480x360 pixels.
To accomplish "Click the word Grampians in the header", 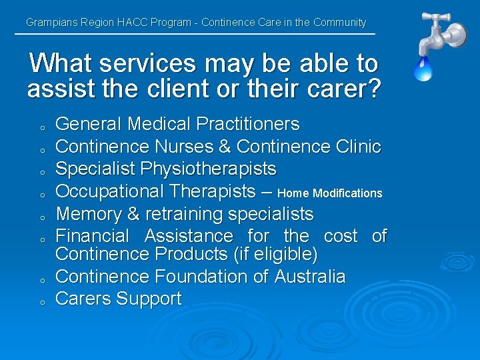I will (x=51, y=23).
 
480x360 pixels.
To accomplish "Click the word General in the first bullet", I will (x=89, y=124).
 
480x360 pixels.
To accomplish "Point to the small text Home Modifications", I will (x=329, y=193).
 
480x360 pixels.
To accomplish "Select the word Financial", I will (x=93, y=236).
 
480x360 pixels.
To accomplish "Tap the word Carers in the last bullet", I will (x=83, y=299).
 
